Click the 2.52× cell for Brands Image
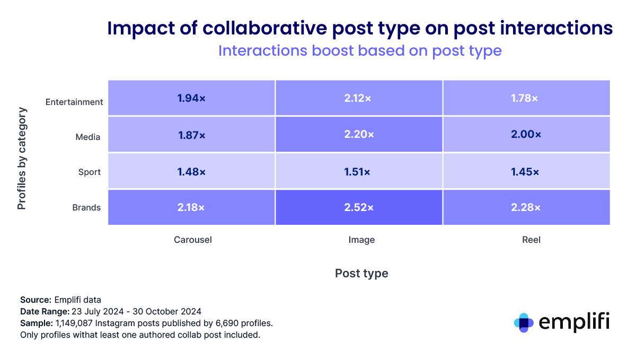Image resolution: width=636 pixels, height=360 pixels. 359,207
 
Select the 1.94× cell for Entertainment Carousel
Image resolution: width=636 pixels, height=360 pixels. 191,98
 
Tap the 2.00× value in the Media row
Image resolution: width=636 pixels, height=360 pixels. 526,135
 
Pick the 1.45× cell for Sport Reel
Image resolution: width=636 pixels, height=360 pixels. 526,172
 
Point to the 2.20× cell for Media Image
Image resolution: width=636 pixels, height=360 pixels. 359,135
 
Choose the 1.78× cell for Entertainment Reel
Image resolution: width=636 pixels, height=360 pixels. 526,98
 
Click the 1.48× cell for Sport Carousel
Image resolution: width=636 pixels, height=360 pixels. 191,172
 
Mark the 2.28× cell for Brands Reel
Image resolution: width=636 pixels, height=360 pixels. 526,207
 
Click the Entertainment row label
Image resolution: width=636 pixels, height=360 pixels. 74,102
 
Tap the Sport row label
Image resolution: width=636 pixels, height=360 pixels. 89,172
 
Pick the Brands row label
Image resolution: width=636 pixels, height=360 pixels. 86,207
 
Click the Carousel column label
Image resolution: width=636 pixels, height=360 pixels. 193,240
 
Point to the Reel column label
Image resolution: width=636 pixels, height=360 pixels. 531,240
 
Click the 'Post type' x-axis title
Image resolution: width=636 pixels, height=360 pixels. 361,273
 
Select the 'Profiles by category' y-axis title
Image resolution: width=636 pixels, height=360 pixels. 22,159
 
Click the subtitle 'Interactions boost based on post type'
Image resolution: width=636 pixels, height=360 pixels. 360,51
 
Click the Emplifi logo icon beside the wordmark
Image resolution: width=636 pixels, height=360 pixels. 524,322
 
